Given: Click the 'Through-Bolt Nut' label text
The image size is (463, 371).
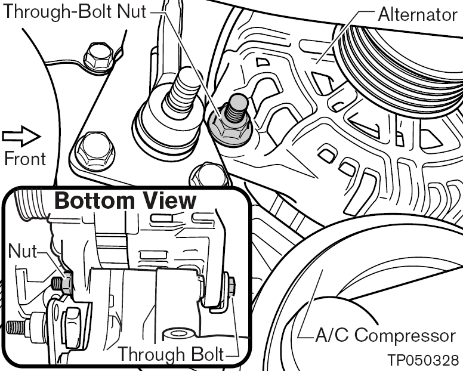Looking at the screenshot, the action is coord(74,12).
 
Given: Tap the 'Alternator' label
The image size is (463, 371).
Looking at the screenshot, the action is coord(417,14).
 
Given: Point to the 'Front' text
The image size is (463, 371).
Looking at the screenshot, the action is coord(24,159).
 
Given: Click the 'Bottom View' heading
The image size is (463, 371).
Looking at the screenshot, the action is coord(125,200).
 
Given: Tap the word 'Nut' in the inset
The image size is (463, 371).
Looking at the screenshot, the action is coord(22,252).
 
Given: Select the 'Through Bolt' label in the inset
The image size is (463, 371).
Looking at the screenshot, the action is coord(171,354).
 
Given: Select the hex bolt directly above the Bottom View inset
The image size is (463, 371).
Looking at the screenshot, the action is coord(209,174).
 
